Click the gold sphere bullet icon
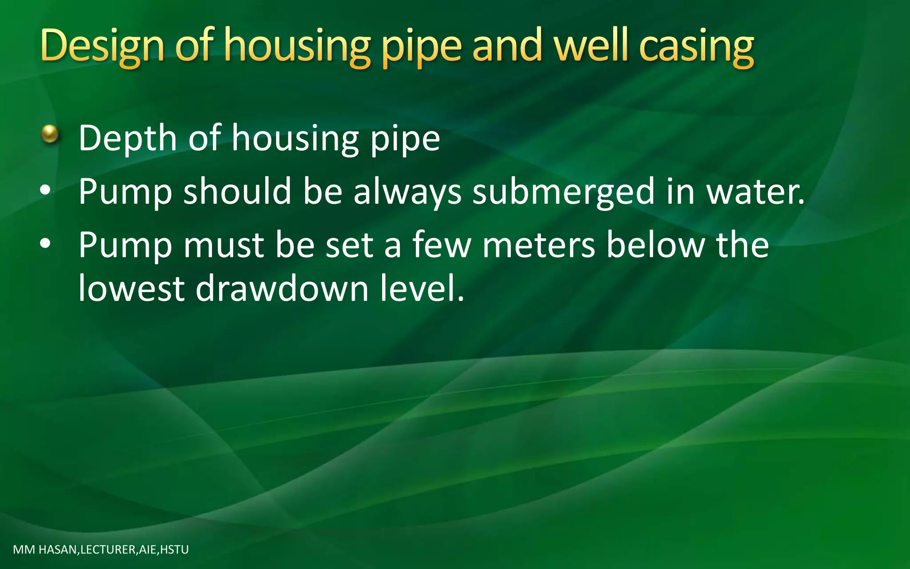pos(50,134)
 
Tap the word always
pos(407,192)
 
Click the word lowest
pos(132,289)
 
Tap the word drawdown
pos(282,289)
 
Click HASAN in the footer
pos(58,550)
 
